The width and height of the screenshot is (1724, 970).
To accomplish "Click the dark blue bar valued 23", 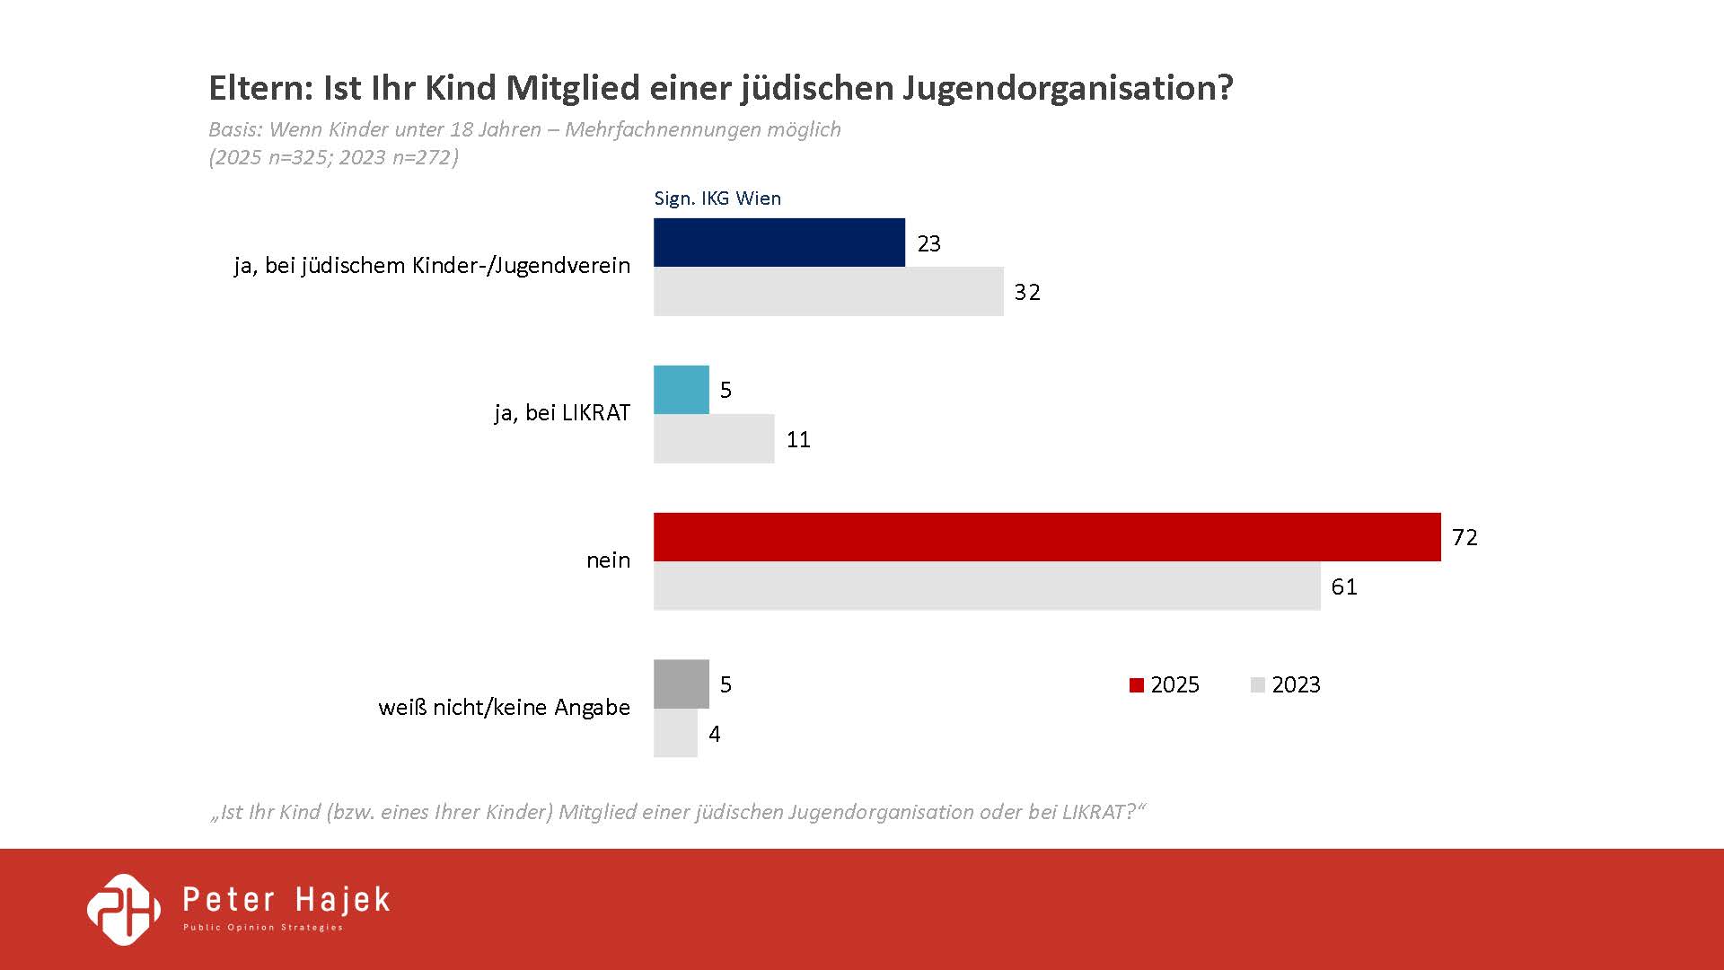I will [x=778, y=242].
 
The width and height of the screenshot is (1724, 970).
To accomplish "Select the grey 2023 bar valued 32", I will [x=828, y=292].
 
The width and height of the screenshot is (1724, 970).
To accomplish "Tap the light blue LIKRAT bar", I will [x=681, y=390].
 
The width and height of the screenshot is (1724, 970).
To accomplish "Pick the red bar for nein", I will [x=1046, y=537].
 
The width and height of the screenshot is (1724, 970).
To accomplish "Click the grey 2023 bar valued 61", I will [x=986, y=586].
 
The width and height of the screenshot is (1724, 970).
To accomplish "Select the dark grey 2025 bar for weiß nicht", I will [x=681, y=684].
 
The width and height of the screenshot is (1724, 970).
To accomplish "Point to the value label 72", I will [x=1465, y=537].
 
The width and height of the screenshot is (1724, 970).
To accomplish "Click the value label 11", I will [x=798, y=439].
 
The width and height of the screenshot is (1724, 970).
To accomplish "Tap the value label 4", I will [x=715, y=734].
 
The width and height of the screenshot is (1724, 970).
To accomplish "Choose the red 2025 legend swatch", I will [x=1137, y=685].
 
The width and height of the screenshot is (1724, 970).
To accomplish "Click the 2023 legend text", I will [x=1296, y=685].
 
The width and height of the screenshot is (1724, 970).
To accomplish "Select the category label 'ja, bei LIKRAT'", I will [x=562, y=413].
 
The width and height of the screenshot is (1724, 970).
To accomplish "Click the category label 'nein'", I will [x=608, y=560].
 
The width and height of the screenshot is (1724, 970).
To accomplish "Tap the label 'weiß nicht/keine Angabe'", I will [x=504, y=708].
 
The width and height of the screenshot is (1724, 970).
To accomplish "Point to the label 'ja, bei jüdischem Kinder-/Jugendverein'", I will [x=432, y=266].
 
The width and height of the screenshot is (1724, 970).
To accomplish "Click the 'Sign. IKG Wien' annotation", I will [x=717, y=198].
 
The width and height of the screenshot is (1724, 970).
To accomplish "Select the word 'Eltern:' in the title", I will [x=260, y=88].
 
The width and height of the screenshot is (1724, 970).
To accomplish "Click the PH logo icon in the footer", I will [x=124, y=909].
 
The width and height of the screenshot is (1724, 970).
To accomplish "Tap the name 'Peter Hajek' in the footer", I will [x=286, y=900].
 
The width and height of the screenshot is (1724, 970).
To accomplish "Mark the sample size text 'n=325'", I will [x=298, y=157].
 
